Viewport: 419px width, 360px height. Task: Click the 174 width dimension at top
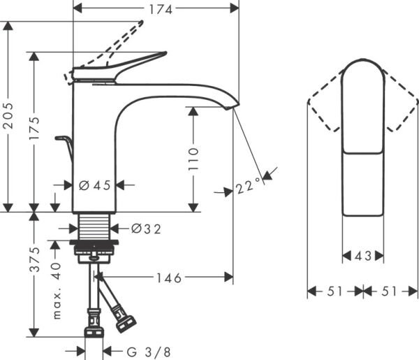pyautogui.click(x=159, y=8)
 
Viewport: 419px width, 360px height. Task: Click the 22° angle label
pyautogui.click(x=247, y=187)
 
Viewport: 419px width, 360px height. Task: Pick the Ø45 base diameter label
pyautogui.click(x=95, y=185)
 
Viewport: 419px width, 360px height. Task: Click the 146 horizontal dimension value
pyautogui.click(x=168, y=278)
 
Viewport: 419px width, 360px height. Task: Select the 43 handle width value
pyautogui.click(x=363, y=256)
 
